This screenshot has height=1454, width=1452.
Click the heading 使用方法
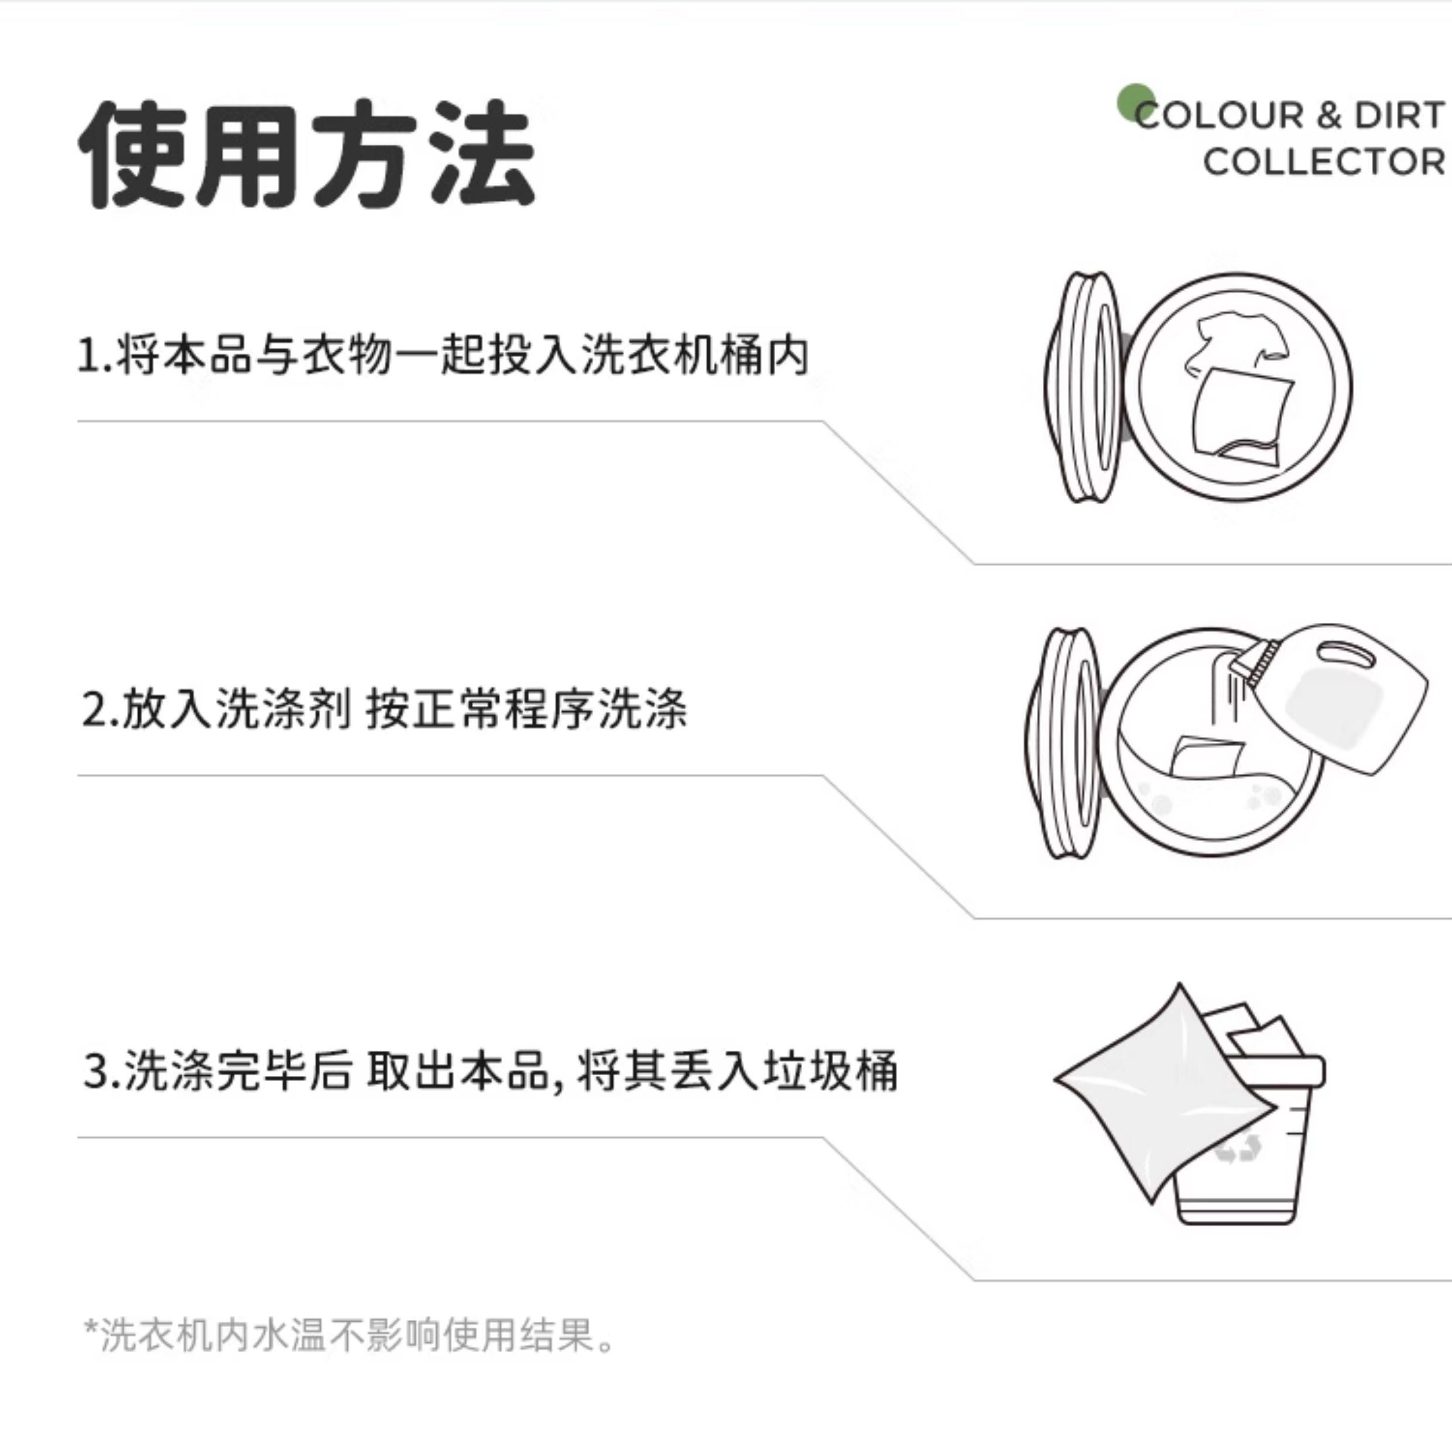[x=307, y=155]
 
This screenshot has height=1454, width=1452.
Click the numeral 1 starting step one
[x=88, y=355]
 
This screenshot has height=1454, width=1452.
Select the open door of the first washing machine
[x=1084, y=387]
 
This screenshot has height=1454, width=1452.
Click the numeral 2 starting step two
[x=95, y=709]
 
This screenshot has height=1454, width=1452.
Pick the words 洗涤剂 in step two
[x=284, y=709]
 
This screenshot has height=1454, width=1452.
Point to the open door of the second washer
[x=1064, y=743]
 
